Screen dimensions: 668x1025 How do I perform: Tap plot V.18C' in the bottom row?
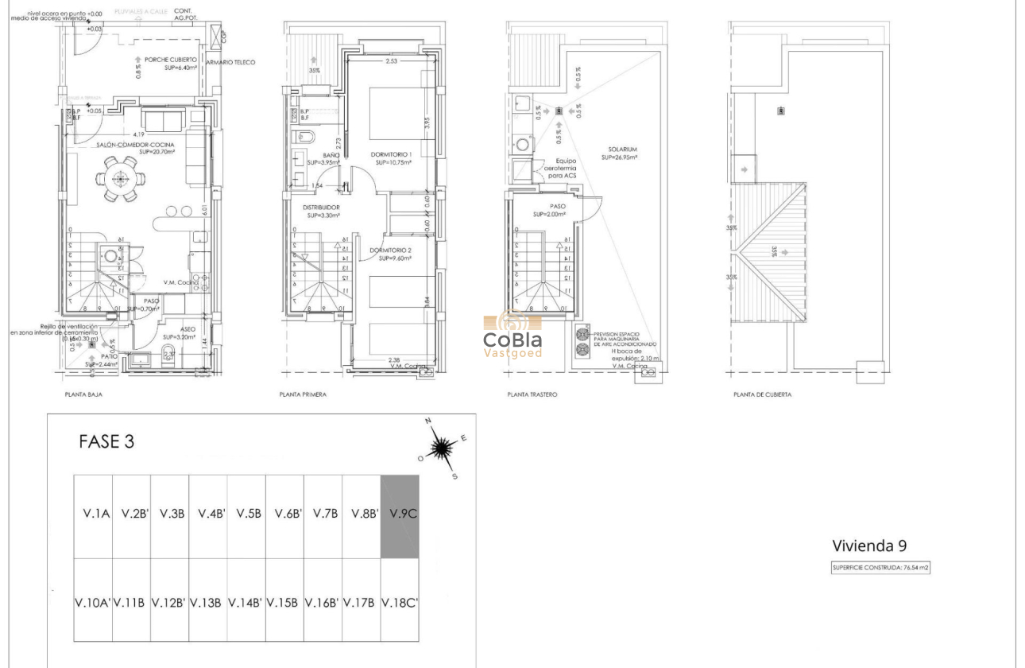400,602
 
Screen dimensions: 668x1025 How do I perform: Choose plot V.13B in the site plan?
207,602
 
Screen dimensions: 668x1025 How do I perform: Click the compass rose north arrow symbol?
442,449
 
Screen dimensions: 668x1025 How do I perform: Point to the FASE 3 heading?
106,443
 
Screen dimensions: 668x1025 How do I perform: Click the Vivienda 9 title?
868,546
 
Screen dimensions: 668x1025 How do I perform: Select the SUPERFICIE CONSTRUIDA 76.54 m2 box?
880,569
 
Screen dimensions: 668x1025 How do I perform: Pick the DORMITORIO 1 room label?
391,154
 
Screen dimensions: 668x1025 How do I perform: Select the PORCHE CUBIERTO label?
170,60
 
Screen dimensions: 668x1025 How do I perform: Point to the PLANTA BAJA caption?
83,394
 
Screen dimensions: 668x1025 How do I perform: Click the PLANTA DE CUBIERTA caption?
762,394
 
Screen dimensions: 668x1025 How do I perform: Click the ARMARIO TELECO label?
230,62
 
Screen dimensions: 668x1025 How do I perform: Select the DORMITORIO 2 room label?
392,250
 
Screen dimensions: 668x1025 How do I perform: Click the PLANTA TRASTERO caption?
532,394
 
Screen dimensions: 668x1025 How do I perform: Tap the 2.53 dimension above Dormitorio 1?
391,61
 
